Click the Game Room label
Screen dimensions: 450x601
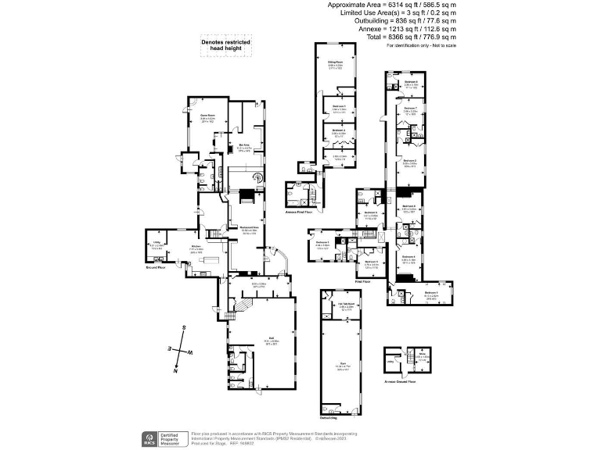[x=207, y=116]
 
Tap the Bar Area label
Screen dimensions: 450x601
[x=244, y=145]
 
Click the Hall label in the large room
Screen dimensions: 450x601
[x=266, y=341]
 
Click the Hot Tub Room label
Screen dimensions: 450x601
[x=342, y=305]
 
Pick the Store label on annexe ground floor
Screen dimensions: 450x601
[x=421, y=356]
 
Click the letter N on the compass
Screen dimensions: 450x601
[x=170, y=348]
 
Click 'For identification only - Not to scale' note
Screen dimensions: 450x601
[x=421, y=46]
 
